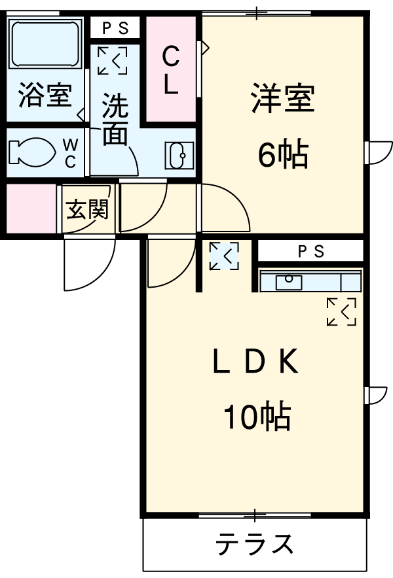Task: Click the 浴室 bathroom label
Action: (x=45, y=96)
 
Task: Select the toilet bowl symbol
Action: (x=31, y=152)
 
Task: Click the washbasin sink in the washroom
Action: (x=179, y=155)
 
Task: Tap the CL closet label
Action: (x=170, y=71)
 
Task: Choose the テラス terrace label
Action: (x=254, y=544)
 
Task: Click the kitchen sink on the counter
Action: (x=289, y=282)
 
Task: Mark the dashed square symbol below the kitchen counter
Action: (x=341, y=312)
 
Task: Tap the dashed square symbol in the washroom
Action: (x=112, y=61)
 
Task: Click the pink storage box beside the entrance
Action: (x=31, y=209)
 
